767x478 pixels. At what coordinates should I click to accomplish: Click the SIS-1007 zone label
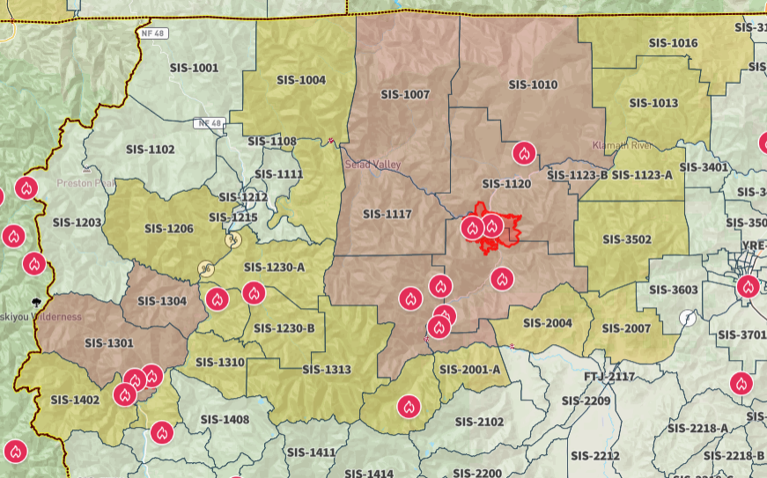click(x=405, y=94)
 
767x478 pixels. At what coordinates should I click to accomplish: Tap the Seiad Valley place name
click(x=372, y=165)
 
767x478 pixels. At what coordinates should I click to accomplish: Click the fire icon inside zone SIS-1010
click(x=525, y=153)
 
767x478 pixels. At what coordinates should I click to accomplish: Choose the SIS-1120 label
click(x=506, y=184)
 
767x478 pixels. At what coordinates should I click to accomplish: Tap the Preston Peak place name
click(x=86, y=183)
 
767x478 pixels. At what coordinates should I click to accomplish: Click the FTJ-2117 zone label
click(x=609, y=377)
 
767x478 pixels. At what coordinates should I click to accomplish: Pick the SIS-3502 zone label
click(x=627, y=239)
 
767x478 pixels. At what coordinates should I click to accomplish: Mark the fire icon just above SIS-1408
click(x=161, y=432)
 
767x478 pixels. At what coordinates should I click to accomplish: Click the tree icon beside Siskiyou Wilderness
click(x=37, y=301)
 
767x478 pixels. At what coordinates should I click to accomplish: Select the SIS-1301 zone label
click(x=109, y=343)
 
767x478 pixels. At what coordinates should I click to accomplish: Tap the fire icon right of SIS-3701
click(x=741, y=383)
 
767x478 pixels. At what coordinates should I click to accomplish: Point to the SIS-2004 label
click(x=547, y=323)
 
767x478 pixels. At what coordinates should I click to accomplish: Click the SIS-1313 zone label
click(x=326, y=370)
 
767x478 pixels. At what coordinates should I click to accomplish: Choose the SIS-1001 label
click(x=193, y=68)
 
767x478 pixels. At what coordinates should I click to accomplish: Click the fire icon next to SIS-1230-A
click(x=254, y=293)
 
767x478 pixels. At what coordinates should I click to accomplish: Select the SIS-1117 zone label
click(x=387, y=214)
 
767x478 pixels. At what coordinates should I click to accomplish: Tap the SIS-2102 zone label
click(x=480, y=422)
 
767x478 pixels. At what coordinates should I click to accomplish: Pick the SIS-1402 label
click(x=76, y=400)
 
